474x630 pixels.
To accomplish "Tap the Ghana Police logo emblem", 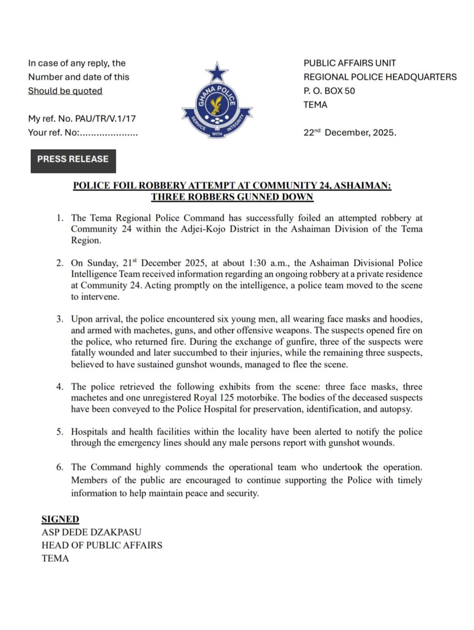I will point(217,107).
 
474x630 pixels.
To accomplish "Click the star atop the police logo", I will point(217,72).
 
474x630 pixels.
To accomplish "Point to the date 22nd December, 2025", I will point(350,133).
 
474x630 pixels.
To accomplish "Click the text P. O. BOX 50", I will point(329,91).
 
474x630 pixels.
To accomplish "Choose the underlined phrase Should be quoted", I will point(65,91).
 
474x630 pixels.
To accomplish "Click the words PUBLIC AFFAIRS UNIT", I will point(350,63).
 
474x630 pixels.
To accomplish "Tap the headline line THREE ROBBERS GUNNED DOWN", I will point(232,197).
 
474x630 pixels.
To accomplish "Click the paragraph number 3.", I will point(60,319).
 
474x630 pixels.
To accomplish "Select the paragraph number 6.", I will point(60,467).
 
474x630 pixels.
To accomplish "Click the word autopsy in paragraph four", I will point(397,409).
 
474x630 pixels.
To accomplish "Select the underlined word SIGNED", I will point(60,519).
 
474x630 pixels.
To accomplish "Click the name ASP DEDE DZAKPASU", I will point(91,532).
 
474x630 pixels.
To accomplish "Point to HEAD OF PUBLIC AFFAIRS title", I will point(102,545).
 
